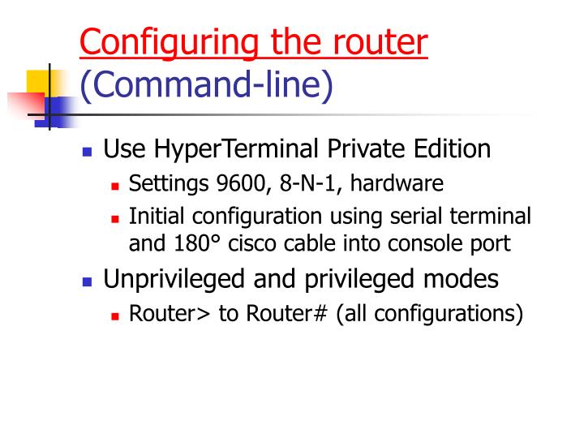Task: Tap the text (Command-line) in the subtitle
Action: tap(207, 86)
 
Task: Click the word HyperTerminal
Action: tap(244, 150)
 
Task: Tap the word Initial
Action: tap(156, 217)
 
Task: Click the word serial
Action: tap(420, 217)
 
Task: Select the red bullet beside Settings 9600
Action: tap(116, 186)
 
